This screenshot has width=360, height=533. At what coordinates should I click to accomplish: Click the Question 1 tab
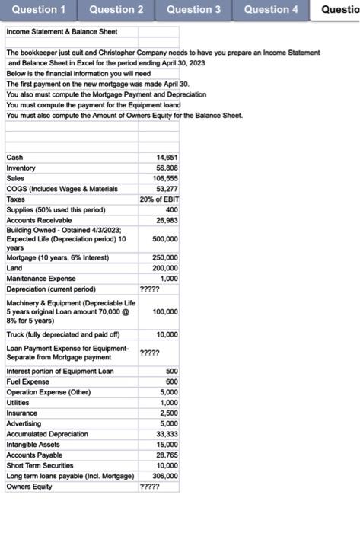coord(39,10)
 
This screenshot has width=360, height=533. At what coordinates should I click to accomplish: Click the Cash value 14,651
coord(166,157)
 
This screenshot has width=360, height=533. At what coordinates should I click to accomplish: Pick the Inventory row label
coord(21,168)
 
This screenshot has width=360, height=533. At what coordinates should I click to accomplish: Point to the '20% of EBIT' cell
coord(159,199)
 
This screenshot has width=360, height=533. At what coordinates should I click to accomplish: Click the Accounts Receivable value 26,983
coord(166,220)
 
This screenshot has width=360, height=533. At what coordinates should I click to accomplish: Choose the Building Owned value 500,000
coord(164,238)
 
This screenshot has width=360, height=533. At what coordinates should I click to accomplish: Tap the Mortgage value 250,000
coord(164,258)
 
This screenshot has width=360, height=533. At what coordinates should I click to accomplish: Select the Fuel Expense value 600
coord(171,381)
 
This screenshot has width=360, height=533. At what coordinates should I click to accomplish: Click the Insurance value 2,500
coord(168,413)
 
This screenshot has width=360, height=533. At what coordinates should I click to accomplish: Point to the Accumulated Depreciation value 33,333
coord(166,434)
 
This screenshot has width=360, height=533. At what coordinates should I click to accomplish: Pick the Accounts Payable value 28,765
coord(166,455)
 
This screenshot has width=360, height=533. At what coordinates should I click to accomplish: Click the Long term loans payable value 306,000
coord(164,475)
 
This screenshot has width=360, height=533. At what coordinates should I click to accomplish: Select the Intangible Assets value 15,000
coord(166,444)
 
